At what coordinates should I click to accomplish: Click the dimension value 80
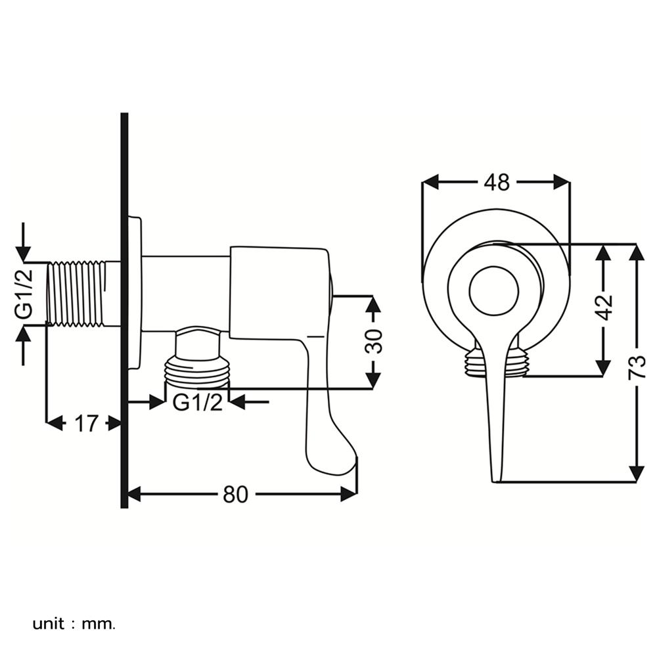[235, 494]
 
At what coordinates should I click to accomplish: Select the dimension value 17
[85, 424]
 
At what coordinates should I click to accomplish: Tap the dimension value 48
[496, 183]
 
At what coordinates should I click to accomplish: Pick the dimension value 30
[374, 341]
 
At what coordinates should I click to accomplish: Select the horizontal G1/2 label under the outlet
[198, 401]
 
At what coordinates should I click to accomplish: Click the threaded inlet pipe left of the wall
[79, 293]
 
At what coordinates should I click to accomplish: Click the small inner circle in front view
[494, 290]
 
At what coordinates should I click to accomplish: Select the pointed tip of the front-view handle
[497, 478]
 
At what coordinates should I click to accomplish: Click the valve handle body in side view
[276, 292]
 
